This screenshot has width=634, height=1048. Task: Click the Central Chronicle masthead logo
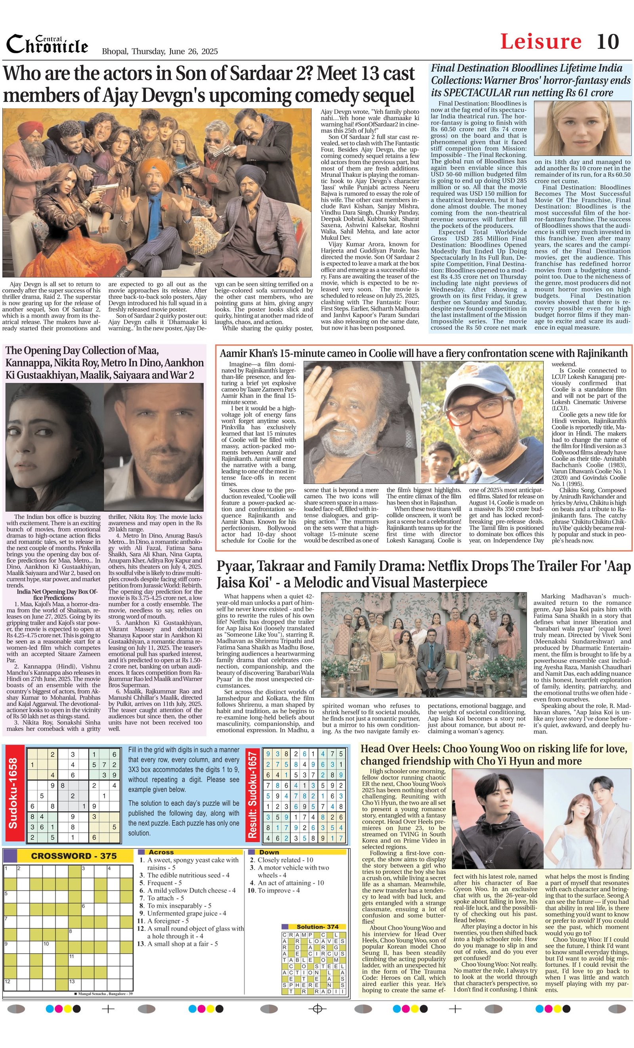(x=47, y=45)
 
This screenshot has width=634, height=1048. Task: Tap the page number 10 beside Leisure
(x=607, y=42)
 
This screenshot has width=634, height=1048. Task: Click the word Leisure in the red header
(x=540, y=42)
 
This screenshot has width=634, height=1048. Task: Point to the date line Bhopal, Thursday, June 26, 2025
(x=159, y=52)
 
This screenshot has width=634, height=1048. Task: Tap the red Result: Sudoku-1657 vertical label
(x=252, y=794)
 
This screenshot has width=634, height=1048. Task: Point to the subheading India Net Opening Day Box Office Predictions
(x=57, y=594)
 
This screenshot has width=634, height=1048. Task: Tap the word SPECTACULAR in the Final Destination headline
(x=471, y=92)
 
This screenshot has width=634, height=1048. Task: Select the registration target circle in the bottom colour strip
(x=317, y=1009)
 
